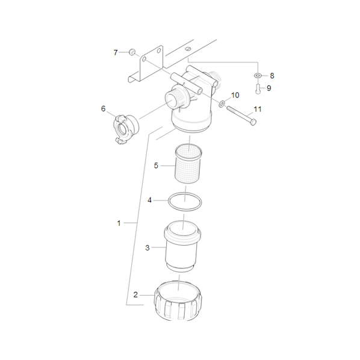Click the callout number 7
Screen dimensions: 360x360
(116, 52)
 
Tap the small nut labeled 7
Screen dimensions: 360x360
(132, 52)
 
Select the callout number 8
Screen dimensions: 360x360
(272, 75)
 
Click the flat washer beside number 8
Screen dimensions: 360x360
(258, 75)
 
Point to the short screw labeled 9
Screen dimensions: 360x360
(258, 89)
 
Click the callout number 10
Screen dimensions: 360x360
(235, 95)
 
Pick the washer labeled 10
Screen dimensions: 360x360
(222, 104)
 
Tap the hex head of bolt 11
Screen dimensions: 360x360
(253, 122)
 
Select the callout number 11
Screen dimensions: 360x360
(258, 109)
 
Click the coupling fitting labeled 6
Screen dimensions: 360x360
(126, 129)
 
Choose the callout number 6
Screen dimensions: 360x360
(104, 108)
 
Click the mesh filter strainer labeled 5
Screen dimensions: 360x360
(188, 164)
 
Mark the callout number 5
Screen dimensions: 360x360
(156, 166)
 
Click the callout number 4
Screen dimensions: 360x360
(149, 200)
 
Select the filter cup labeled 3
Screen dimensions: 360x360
(182, 247)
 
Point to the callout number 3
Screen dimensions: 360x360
(147, 248)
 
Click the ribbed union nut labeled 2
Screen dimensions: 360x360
(178, 301)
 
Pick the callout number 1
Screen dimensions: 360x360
(119, 223)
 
